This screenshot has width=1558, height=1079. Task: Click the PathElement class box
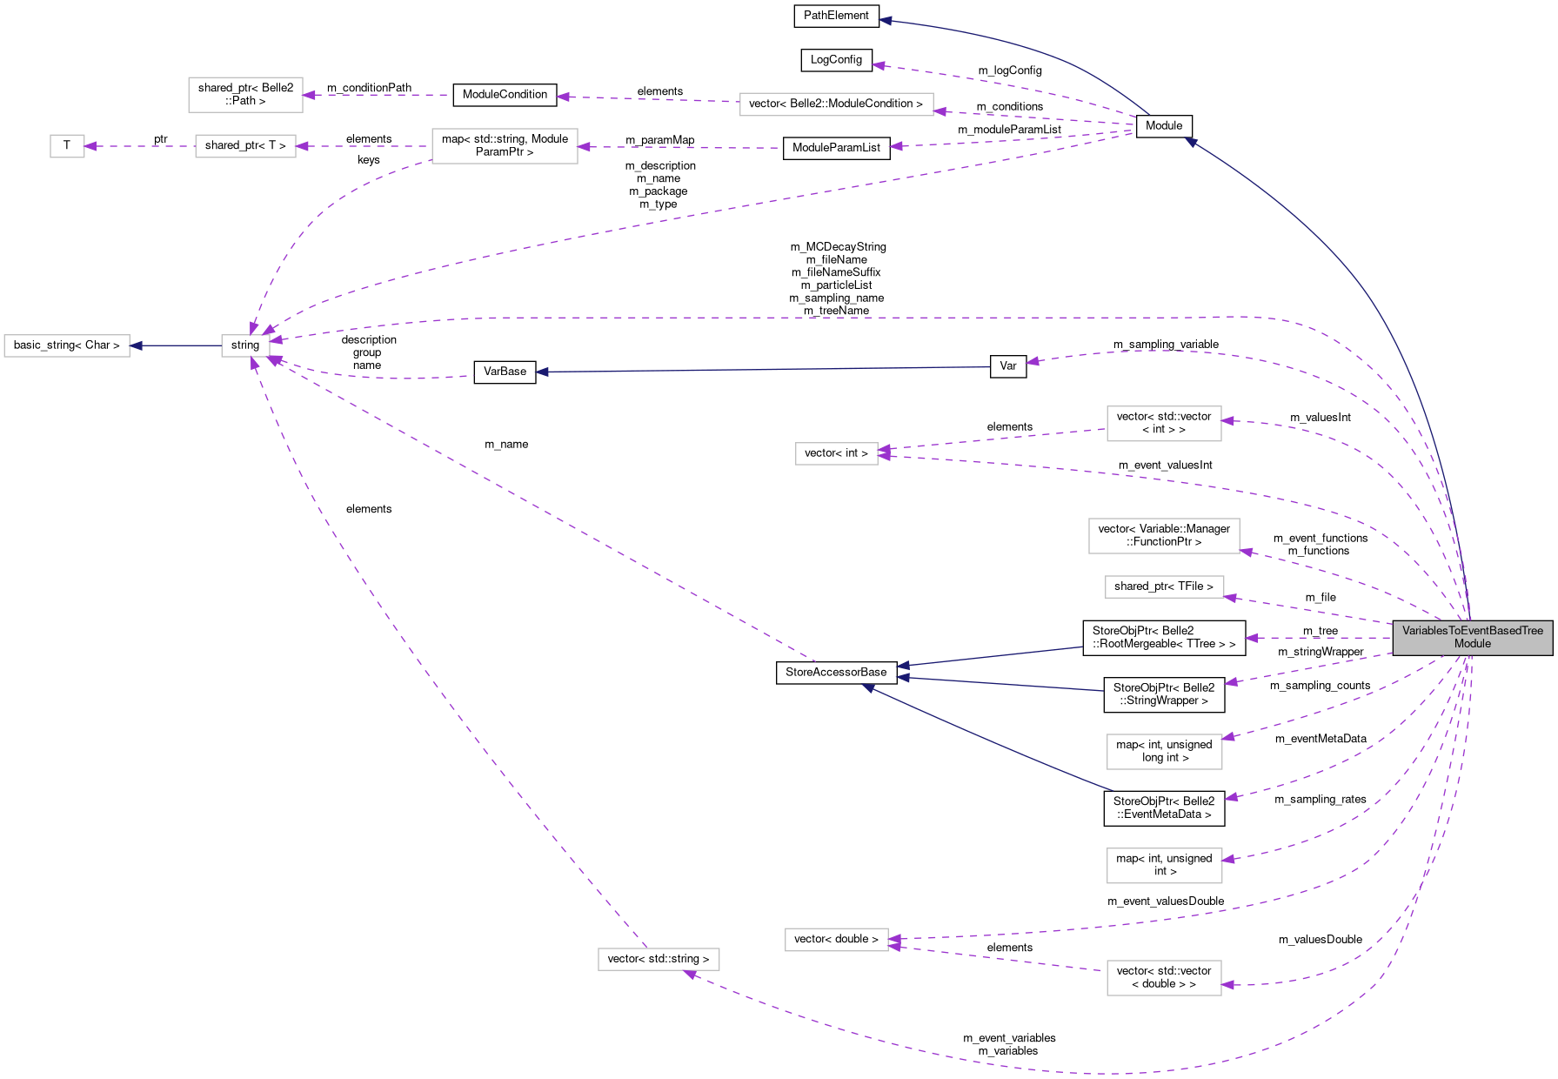tap(836, 16)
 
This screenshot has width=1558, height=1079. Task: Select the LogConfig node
tap(836, 60)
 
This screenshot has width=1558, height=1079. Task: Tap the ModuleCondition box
tap(505, 95)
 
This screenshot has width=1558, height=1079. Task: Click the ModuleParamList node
tap(836, 148)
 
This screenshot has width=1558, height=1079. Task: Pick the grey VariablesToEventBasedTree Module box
tap(1473, 638)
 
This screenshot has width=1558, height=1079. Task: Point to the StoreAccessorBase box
tap(836, 673)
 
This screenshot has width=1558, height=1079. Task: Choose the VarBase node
tap(505, 372)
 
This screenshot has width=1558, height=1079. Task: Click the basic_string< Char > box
tap(67, 345)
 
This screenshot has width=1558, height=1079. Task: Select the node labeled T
tap(67, 145)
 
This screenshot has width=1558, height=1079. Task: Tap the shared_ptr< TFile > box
tap(1164, 586)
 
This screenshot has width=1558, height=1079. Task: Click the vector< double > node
tap(836, 940)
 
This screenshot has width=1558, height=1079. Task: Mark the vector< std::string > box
tap(659, 959)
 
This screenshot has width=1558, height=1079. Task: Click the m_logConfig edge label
tap(1010, 70)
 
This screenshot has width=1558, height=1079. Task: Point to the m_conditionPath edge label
tap(369, 88)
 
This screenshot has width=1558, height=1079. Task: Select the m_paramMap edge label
tap(660, 140)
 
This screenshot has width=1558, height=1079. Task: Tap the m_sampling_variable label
tap(1166, 345)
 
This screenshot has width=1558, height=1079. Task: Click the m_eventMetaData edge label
tap(1321, 739)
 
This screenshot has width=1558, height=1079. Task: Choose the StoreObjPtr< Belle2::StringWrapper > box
tap(1164, 694)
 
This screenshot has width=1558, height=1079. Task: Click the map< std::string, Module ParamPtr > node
tap(505, 145)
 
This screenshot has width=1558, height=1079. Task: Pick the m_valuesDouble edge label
tap(1321, 940)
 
